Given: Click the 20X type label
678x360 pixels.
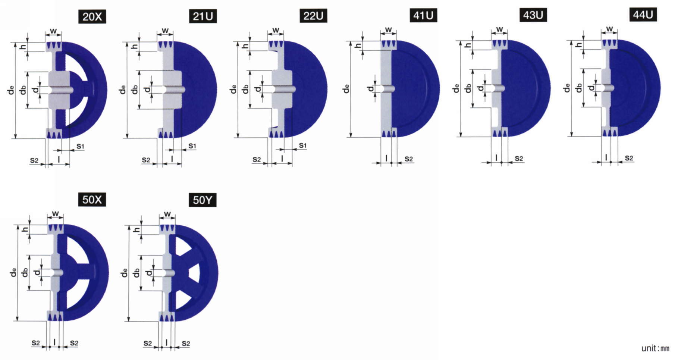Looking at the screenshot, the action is tap(92, 17).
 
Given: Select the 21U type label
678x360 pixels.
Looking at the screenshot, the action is tap(203, 16).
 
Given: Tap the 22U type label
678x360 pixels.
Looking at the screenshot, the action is tap(313, 16).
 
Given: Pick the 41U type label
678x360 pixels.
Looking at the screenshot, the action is tap(423, 16).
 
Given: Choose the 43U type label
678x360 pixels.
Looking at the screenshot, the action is tap(533, 15).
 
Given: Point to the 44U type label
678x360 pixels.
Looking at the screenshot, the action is tap(643, 15).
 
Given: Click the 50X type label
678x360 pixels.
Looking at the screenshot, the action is tap(92, 200).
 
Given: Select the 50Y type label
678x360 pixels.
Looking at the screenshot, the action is tap(203, 200).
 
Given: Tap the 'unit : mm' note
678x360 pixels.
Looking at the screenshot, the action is tap(655, 348).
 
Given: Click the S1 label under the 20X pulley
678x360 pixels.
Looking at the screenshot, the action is tap(81, 146).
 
